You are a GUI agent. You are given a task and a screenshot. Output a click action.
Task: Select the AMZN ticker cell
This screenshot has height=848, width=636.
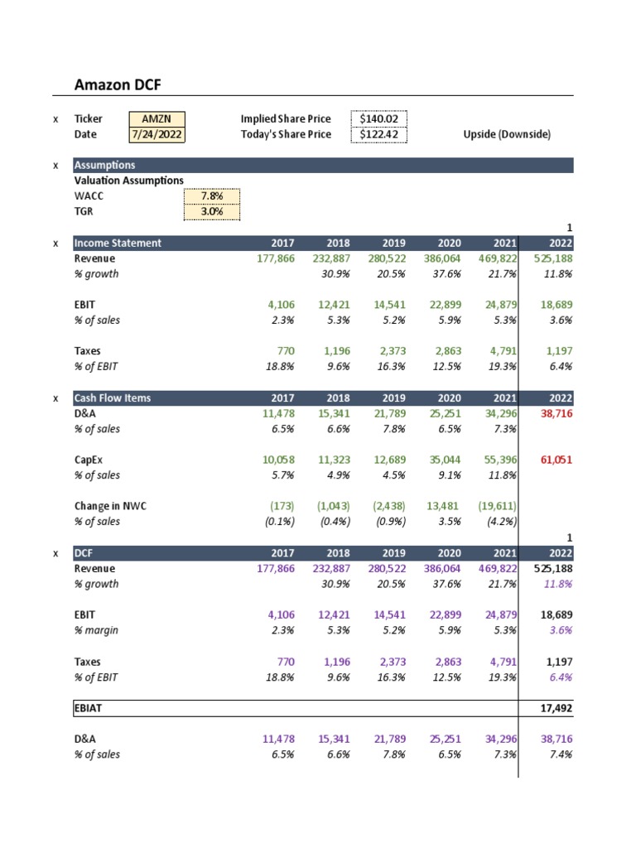click(x=157, y=119)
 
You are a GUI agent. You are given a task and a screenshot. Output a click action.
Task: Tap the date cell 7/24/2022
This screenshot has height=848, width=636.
click(x=157, y=134)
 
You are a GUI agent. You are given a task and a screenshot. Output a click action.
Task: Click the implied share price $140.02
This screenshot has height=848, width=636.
click(x=378, y=119)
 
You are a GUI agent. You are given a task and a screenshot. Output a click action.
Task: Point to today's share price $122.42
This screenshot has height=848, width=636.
click(x=378, y=134)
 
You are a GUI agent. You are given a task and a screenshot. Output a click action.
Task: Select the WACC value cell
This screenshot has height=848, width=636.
click(x=212, y=196)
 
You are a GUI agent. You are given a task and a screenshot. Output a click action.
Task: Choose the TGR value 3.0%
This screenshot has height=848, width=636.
click(x=212, y=211)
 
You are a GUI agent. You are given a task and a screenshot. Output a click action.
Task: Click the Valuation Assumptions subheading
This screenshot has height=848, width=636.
click(x=129, y=181)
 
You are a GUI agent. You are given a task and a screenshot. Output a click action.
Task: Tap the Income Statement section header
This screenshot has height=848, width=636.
click(x=118, y=243)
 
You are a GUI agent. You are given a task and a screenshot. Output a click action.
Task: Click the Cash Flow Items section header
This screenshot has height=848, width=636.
click(x=113, y=398)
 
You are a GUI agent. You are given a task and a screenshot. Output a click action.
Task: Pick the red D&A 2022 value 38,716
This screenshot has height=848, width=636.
click(x=556, y=413)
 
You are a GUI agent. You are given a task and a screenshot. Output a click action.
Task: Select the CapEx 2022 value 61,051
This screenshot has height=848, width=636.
click(x=556, y=460)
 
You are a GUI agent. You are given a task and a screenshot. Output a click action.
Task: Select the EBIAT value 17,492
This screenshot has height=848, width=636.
click(x=556, y=710)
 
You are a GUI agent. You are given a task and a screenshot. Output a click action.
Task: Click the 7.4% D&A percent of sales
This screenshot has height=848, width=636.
click(x=561, y=754)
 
